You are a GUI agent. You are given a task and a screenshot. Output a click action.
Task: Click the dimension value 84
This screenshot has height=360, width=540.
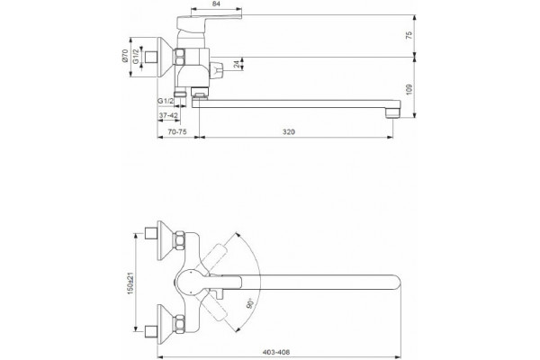click(x=216, y=4)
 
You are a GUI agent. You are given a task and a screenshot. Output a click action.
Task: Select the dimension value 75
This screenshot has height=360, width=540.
click(x=409, y=35)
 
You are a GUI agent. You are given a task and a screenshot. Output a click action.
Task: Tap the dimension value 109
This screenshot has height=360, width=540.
click(x=409, y=89)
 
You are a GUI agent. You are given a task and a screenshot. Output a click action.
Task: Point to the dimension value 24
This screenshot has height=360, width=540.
click(x=236, y=65)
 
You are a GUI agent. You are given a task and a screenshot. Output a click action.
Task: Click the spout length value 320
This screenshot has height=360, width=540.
click(x=289, y=131)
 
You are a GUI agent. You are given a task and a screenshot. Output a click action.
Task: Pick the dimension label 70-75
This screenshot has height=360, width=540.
click(x=177, y=131)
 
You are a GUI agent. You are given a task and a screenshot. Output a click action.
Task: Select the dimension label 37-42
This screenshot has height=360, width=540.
click(x=168, y=116)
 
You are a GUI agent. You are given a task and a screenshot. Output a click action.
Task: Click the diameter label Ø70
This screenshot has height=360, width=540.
click(x=125, y=56)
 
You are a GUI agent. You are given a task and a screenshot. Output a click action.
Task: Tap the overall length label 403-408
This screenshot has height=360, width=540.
click(x=276, y=352)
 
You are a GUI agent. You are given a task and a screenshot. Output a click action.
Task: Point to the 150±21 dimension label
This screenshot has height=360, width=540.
click(x=130, y=283)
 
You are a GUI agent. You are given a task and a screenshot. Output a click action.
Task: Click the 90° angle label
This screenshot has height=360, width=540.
click(x=251, y=303)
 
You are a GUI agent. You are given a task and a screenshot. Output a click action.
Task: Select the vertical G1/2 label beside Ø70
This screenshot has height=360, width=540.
click(x=136, y=56)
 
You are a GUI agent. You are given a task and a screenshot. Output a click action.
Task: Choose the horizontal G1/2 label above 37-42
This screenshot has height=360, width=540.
click(x=166, y=101)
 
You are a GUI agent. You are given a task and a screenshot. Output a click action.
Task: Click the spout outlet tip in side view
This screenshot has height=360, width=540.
click(x=393, y=113)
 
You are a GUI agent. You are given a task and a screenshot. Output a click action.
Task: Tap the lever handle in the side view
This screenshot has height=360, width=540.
click(x=209, y=22)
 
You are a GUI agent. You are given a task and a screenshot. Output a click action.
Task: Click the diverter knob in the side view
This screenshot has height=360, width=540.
click(x=217, y=70)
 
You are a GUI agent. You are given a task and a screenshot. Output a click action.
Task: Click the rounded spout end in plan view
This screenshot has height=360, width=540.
click(x=396, y=283)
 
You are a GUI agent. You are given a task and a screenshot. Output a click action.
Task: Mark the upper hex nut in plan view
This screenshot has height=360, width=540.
click(x=180, y=240)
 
